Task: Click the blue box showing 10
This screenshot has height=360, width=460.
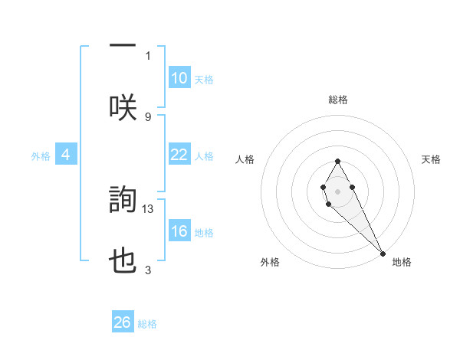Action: pos(179,78)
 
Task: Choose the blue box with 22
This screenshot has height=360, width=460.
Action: pos(179,155)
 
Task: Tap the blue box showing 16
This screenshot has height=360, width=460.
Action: pos(179,231)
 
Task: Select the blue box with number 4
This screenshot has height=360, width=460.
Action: pos(66,155)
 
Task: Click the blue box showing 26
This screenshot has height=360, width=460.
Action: pos(123,322)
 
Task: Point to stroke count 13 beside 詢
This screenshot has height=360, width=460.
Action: pos(149,208)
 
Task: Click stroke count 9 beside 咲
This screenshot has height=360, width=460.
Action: pos(148,116)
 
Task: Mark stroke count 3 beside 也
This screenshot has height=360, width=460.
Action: pos(148,270)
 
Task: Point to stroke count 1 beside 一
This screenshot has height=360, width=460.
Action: pos(148,55)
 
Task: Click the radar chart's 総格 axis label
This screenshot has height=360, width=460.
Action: pos(338,100)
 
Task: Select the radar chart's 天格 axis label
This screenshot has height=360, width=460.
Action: pos(432,159)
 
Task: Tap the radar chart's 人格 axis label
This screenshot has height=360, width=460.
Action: pos(245,159)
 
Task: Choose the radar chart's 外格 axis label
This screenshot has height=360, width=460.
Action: pos(270,262)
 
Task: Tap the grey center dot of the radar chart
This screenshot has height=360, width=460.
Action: pos(337,190)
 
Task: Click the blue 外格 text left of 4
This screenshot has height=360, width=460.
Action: pos(41,155)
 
